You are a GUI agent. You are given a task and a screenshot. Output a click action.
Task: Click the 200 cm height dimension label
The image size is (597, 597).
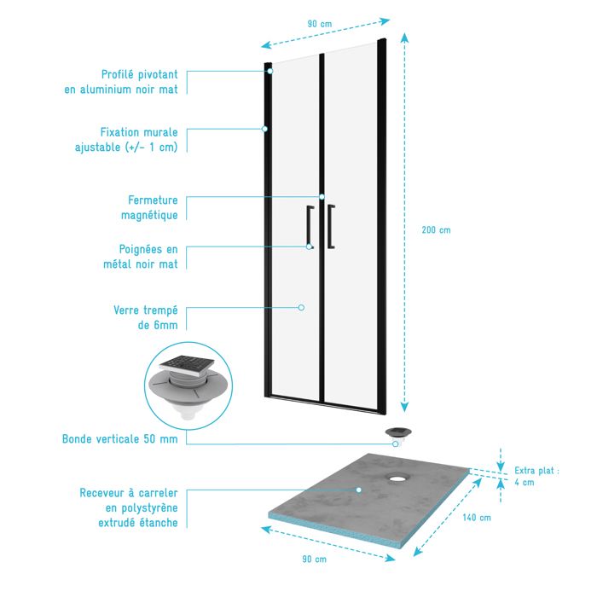point(436,230)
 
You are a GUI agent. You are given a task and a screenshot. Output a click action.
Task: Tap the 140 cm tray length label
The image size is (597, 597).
point(477,518)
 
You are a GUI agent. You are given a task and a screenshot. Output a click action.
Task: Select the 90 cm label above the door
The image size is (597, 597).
point(320,24)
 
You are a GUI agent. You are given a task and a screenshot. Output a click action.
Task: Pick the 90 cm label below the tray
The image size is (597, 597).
point(314,559)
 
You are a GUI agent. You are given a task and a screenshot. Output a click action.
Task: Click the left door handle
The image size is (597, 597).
point(309,227)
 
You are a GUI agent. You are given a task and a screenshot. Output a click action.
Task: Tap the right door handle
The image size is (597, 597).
point(331,227)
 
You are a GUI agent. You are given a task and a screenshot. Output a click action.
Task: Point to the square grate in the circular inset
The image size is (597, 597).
point(187,365)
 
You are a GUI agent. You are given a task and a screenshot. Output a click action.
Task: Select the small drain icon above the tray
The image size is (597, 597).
point(398,433)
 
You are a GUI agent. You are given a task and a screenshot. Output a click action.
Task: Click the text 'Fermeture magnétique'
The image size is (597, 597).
point(149,207)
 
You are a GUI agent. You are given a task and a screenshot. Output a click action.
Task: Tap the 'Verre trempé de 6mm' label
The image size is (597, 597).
point(146,317)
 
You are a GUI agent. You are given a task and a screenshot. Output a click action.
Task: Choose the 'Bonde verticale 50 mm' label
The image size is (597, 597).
point(120,439)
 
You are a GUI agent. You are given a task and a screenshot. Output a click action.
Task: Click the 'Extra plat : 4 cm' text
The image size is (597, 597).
point(536,476)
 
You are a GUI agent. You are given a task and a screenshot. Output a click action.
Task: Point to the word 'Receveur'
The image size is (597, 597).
point(102,493)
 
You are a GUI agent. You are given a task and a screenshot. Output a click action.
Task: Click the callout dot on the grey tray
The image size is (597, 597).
point(359,490)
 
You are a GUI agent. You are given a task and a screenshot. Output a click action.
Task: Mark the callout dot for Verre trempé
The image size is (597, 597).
point(301,307)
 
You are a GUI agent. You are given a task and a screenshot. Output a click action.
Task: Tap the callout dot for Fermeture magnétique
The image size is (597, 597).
point(322,197)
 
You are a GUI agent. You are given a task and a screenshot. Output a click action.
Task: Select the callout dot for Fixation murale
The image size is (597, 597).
point(264,129)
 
